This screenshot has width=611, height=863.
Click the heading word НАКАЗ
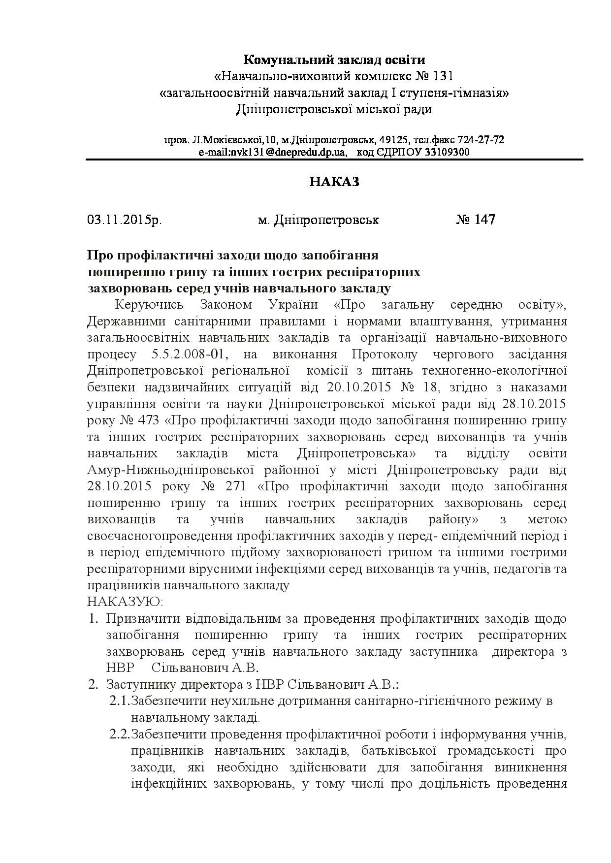[x=335, y=182]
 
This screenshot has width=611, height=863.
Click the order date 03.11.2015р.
[x=125, y=220]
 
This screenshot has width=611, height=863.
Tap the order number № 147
[x=476, y=219]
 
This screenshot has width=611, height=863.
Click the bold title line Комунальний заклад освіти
[x=335, y=60]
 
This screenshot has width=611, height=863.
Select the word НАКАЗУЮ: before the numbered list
[x=125, y=602]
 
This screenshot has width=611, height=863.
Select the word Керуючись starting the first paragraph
[x=149, y=305]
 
